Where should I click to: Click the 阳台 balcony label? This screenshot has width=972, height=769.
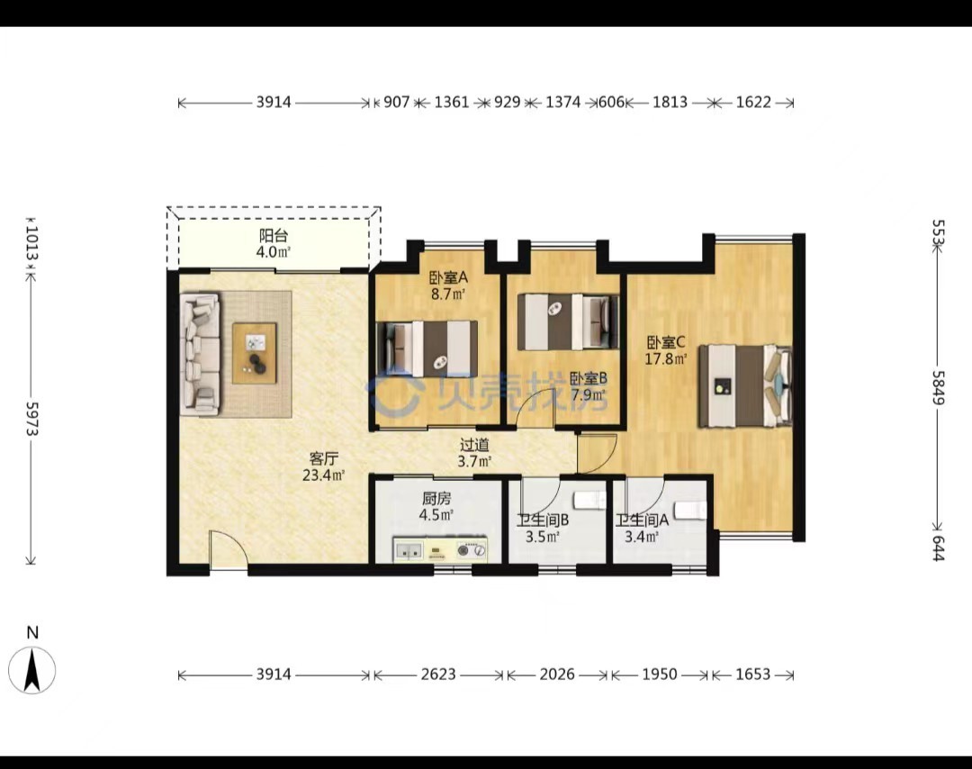pyautogui.click(x=274, y=236)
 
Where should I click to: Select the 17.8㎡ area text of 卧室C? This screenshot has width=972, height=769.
pyautogui.click(x=666, y=358)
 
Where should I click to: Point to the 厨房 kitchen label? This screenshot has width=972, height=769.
pyautogui.click(x=436, y=498)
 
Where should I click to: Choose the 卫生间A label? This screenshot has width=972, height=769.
pyautogui.click(x=643, y=520)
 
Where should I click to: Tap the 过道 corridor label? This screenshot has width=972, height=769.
pyautogui.click(x=475, y=445)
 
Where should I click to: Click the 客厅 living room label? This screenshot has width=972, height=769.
pyautogui.click(x=324, y=459)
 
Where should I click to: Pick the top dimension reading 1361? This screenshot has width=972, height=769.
pyautogui.click(x=451, y=102)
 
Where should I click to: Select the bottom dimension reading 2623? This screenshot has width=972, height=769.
pyautogui.click(x=438, y=674)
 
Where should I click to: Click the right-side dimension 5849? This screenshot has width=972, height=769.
pyautogui.click(x=939, y=388)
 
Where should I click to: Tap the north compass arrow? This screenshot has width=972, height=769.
pyautogui.click(x=32, y=670)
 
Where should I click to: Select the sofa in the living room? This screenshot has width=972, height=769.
pyautogui.click(x=200, y=354)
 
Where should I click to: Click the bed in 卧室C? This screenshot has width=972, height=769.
pyautogui.click(x=745, y=385)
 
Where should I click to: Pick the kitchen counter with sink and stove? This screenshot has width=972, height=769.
pyautogui.click(x=440, y=550)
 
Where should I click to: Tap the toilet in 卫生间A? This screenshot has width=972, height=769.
pyautogui.click(x=690, y=511)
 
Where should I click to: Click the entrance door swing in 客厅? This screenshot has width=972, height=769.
pyautogui.click(x=228, y=549)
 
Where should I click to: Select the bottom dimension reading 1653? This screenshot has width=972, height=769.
pyautogui.click(x=753, y=674)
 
